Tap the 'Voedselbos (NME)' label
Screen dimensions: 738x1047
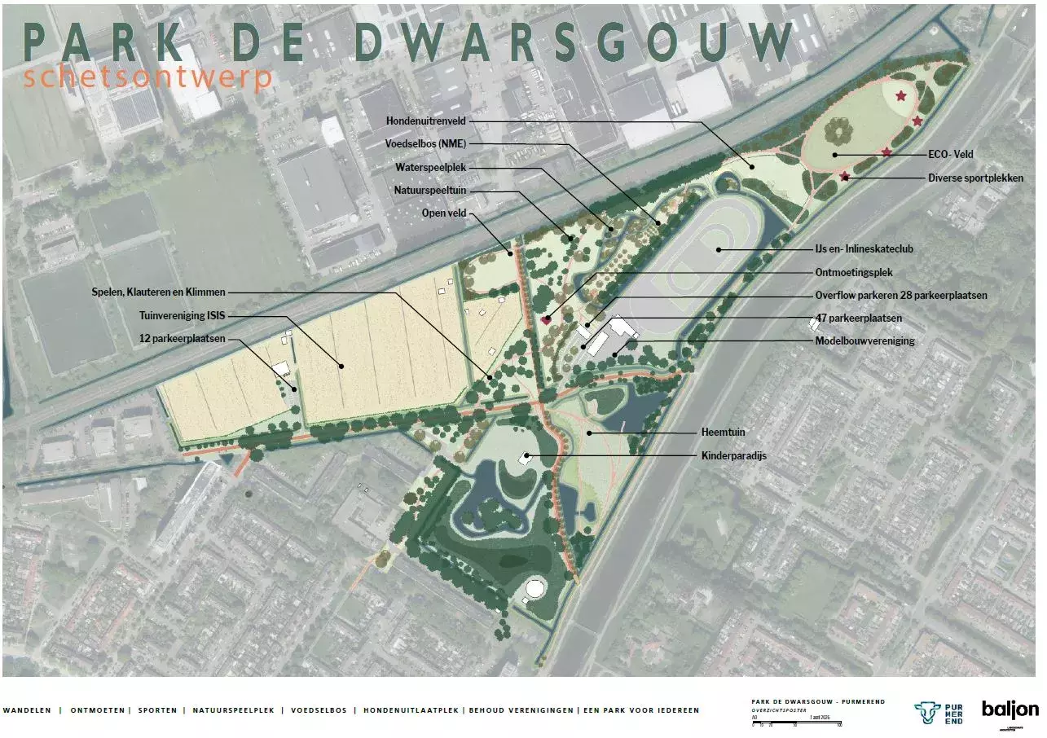425,144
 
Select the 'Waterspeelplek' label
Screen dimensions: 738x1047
430,168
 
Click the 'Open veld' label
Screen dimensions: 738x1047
446,214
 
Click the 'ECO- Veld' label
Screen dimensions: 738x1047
951,154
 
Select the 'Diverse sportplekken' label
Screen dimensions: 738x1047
975,178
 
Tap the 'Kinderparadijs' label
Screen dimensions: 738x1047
734,455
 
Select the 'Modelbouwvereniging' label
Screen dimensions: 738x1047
864,340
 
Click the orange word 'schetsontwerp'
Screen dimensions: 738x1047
148,79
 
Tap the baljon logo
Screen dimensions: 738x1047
1010,709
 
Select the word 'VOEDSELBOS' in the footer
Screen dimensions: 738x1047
319,710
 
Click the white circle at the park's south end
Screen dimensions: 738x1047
535,587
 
